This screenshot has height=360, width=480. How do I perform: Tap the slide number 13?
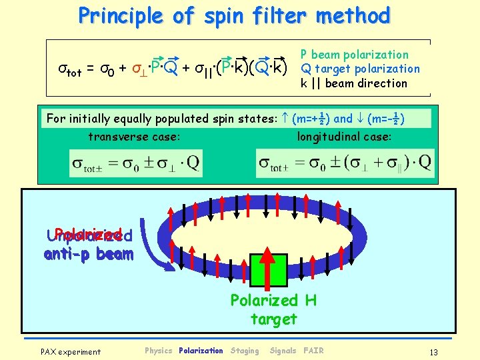433,351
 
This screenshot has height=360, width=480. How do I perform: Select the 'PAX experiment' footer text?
71,351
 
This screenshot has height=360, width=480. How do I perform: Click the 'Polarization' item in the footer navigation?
201,351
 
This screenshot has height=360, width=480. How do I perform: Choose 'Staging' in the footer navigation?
245,351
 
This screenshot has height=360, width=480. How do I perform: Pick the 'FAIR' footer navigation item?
313,351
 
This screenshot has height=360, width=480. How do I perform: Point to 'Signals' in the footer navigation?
283,351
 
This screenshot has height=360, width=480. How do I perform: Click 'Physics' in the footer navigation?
159,351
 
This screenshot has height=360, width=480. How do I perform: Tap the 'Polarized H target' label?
273,309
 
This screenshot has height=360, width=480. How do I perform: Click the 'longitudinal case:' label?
345,137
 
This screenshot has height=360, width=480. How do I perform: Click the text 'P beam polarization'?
354,55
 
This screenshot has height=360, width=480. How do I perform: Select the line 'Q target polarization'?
360,69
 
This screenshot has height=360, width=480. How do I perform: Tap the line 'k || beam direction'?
353,83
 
